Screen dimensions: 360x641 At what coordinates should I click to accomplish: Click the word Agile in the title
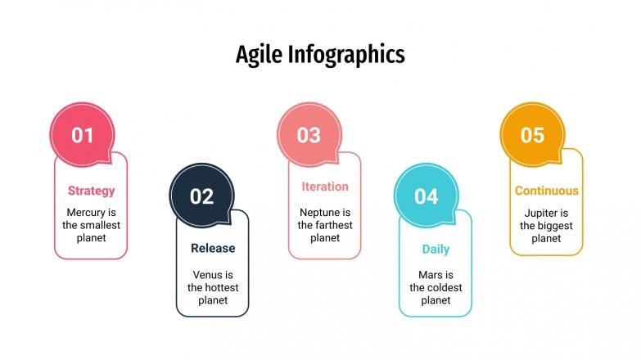[257, 54]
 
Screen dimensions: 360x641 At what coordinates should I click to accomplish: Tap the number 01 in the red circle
[83, 135]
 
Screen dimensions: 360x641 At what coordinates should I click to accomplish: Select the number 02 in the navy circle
[201, 196]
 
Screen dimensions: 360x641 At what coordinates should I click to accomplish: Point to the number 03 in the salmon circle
[309, 135]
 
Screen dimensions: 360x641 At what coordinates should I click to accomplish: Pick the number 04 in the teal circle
[427, 196]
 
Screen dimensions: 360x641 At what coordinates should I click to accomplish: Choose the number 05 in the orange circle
[532, 135]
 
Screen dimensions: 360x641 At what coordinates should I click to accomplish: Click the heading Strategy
[91, 191]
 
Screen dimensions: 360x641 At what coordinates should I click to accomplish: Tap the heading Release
[213, 248]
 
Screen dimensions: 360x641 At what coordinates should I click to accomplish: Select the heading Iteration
[325, 187]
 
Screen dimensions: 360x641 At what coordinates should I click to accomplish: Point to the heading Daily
[436, 249]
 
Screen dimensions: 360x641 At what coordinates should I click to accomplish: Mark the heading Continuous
[547, 191]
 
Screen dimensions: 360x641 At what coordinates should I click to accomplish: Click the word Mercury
[85, 212]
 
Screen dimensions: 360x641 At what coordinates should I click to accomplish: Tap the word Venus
[207, 274]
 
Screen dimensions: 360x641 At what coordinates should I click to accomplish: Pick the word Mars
[430, 274]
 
